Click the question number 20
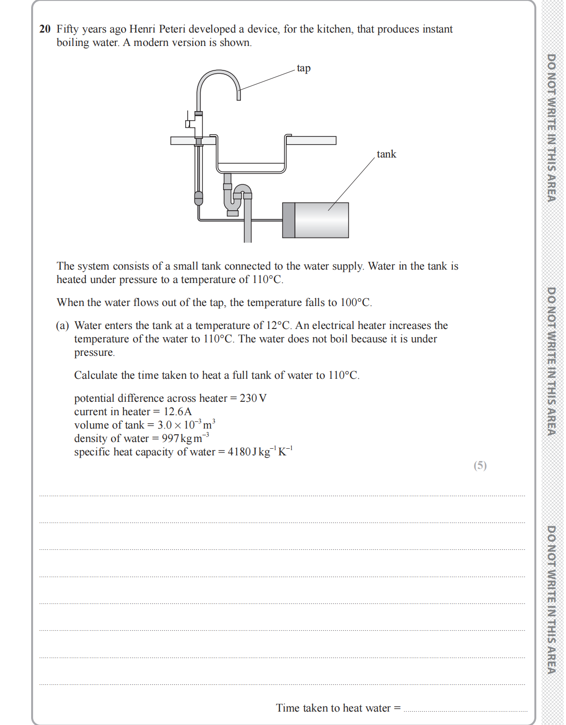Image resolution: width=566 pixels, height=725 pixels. [x=45, y=29]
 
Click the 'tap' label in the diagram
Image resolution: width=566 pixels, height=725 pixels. [x=304, y=68]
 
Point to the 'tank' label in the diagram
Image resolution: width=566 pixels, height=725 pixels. [x=386, y=154]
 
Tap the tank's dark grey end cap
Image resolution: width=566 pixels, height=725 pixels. [x=289, y=220]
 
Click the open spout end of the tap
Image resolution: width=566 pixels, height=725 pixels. [x=238, y=97]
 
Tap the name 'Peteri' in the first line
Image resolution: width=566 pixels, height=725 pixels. [x=172, y=29]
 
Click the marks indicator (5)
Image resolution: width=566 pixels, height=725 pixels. [x=480, y=465]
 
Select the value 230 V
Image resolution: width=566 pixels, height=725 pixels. [x=253, y=398]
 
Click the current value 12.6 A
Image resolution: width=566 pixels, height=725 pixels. [x=178, y=412]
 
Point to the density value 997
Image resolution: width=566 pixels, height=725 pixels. [x=170, y=439]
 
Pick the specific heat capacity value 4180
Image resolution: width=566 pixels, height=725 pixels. [x=239, y=452]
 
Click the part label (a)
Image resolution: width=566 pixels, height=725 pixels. [x=62, y=326]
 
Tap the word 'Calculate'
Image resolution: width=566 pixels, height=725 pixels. [x=96, y=375]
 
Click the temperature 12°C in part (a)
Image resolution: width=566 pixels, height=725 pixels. [x=278, y=326]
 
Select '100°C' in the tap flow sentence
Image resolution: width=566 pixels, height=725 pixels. [x=355, y=303]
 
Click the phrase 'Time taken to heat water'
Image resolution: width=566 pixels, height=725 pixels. [x=333, y=708]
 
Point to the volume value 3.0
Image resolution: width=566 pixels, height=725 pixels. [x=164, y=425]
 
